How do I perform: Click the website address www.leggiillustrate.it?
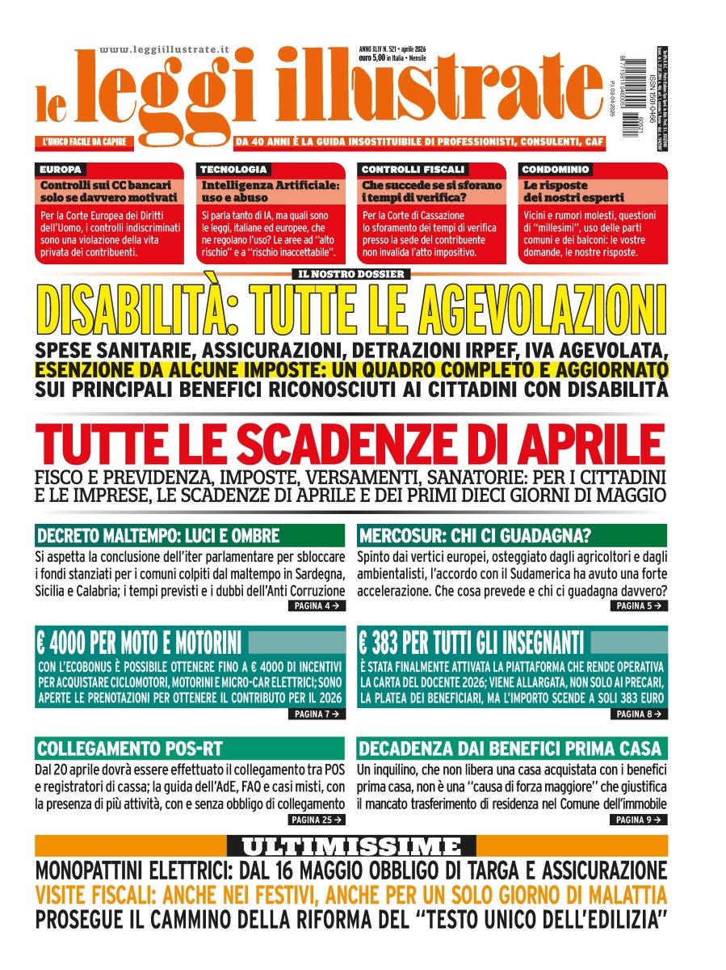165,50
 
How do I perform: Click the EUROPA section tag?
61,170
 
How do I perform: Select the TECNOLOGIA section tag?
233,170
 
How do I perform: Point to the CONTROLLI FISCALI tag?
413,170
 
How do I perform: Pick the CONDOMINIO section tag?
555,170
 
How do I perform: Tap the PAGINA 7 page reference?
317,715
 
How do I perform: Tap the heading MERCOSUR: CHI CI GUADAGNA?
475,536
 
